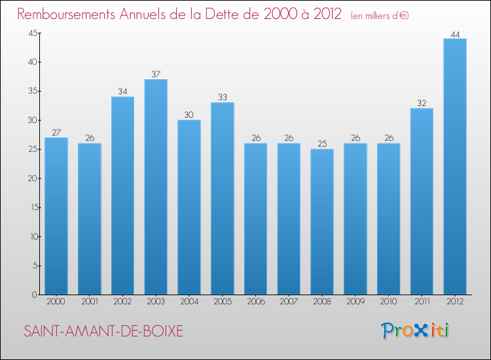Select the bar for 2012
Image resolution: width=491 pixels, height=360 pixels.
click(x=454, y=167)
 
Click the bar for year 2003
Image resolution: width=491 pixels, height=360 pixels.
click(x=156, y=187)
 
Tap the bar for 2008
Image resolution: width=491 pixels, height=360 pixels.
click(x=322, y=222)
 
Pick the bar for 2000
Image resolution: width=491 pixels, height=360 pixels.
click(x=56, y=216)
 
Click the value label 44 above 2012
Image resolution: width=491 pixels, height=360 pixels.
click(x=454, y=34)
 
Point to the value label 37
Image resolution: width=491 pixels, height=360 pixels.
click(x=156, y=75)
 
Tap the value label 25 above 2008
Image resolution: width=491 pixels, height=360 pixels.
click(x=322, y=144)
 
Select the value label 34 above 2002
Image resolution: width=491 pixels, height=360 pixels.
click(x=122, y=92)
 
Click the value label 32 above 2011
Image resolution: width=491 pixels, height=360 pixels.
click(x=421, y=103)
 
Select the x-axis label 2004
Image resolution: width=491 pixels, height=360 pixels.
click(x=189, y=302)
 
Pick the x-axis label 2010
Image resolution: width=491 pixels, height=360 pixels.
click(x=388, y=302)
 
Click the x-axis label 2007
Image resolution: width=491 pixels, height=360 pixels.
click(x=289, y=302)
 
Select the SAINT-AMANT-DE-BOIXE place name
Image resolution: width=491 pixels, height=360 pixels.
click(x=103, y=331)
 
